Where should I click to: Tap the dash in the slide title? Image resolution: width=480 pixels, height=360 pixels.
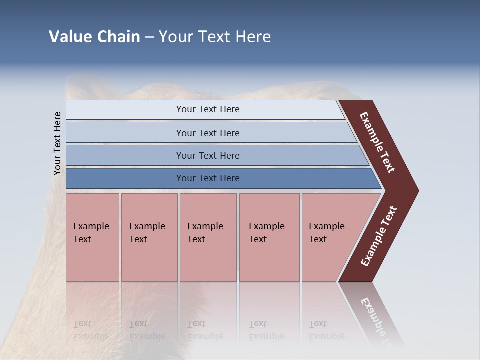(149, 37)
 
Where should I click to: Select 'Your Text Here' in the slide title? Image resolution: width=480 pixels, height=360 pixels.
(215, 37)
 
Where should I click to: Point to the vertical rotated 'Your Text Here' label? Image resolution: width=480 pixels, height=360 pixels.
(57, 144)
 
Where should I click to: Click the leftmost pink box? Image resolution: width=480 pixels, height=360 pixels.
(92, 237)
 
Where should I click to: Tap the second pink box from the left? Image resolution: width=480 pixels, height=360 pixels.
(149, 237)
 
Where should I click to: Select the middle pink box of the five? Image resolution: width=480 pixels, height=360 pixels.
(208, 237)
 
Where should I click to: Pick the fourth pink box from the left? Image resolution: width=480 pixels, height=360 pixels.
(269, 237)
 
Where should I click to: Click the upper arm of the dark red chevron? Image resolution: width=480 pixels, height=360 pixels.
(377, 142)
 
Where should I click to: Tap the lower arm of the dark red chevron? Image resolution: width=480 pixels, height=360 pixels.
(378, 236)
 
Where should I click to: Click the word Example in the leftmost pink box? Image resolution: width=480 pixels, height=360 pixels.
(91, 226)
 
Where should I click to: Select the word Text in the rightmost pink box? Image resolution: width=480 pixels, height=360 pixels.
(317, 239)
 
